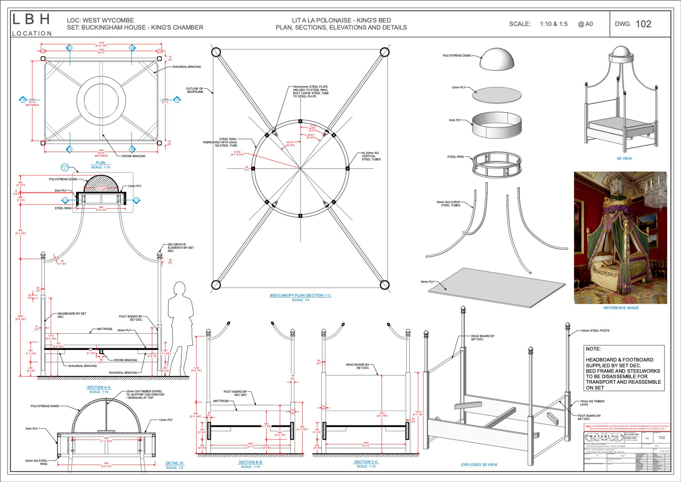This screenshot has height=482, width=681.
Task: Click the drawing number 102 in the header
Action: tap(643, 24)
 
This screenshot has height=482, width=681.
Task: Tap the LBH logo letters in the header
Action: tap(31, 20)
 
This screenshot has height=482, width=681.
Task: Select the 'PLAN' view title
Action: tap(100, 163)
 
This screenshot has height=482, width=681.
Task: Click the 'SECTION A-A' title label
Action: tap(98, 387)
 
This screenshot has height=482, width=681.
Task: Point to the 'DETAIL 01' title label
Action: tap(175, 463)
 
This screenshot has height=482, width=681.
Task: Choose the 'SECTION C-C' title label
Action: tap(366, 462)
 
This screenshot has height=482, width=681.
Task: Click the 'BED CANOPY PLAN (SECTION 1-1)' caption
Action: tap(300, 295)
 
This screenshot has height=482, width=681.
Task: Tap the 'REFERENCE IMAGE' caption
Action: tap(621, 308)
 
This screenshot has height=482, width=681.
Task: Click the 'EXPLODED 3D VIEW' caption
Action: tap(479, 465)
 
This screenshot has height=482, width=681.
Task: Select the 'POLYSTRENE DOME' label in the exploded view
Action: tap(457, 56)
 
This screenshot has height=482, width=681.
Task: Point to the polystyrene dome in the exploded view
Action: tap(497, 60)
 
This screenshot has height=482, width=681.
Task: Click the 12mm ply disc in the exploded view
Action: tap(497, 94)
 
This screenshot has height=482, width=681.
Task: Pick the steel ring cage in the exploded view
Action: tap(497, 164)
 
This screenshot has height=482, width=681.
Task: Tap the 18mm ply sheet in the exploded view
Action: tap(496, 287)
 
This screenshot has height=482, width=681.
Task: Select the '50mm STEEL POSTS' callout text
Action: tap(595, 331)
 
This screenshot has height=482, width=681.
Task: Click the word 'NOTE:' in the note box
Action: tap(593, 349)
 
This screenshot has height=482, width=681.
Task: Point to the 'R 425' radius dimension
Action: tap(237, 153)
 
